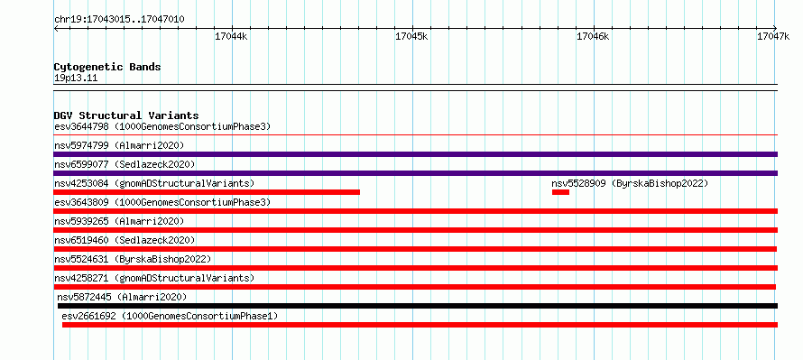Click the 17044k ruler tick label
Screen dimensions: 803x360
[232, 36]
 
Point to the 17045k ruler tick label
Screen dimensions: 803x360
[412, 36]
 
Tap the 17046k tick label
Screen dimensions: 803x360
[593, 36]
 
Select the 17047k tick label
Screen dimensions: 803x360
[773, 36]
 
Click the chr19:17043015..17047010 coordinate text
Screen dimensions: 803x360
[119, 20]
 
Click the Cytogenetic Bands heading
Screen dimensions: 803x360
[107, 67]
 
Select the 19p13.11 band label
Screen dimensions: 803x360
[76, 78]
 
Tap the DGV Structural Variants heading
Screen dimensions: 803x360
[126, 115]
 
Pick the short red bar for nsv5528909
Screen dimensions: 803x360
[560, 192]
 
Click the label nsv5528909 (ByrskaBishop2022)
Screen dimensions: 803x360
[630, 183]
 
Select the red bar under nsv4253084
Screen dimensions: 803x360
[207, 192]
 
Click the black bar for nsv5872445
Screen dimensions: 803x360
[418, 306]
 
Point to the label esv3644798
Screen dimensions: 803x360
[81, 126]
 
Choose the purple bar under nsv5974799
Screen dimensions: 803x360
[416, 154]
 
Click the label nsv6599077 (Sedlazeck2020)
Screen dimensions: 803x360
[125, 164]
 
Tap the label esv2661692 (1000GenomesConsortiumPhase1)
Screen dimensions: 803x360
[170, 316]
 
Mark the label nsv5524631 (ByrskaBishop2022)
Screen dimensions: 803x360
[133, 259]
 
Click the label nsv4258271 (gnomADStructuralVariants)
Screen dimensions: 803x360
[154, 278]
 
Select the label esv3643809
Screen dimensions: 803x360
[81, 202]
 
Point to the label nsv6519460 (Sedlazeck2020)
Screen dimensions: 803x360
[125, 240]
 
